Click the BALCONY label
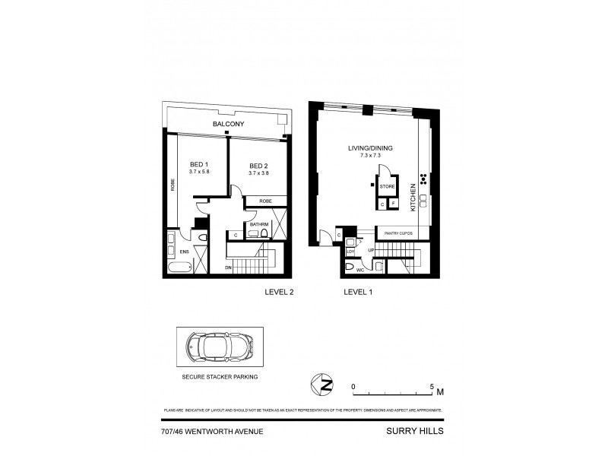pyautogui.click(x=228, y=123)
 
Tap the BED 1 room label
pyautogui.click(x=198, y=166)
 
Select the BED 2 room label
pyautogui.click(x=259, y=166)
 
